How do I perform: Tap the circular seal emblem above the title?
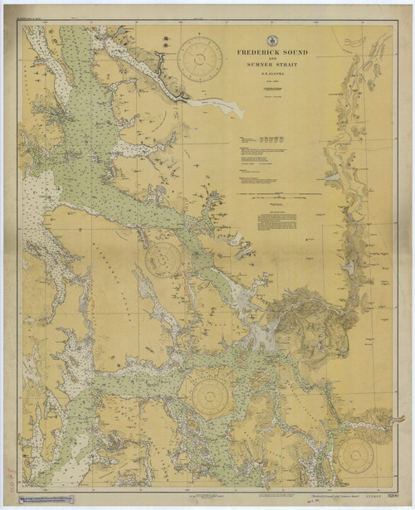click(272, 40)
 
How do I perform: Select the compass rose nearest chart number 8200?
click(355, 454)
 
